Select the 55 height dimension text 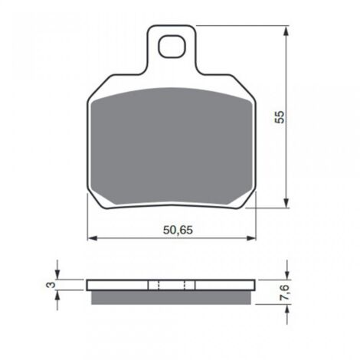[x=280, y=116]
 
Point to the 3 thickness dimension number [x=48, y=285]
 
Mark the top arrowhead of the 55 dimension [x=286, y=30]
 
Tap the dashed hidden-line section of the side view [x=172, y=285]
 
